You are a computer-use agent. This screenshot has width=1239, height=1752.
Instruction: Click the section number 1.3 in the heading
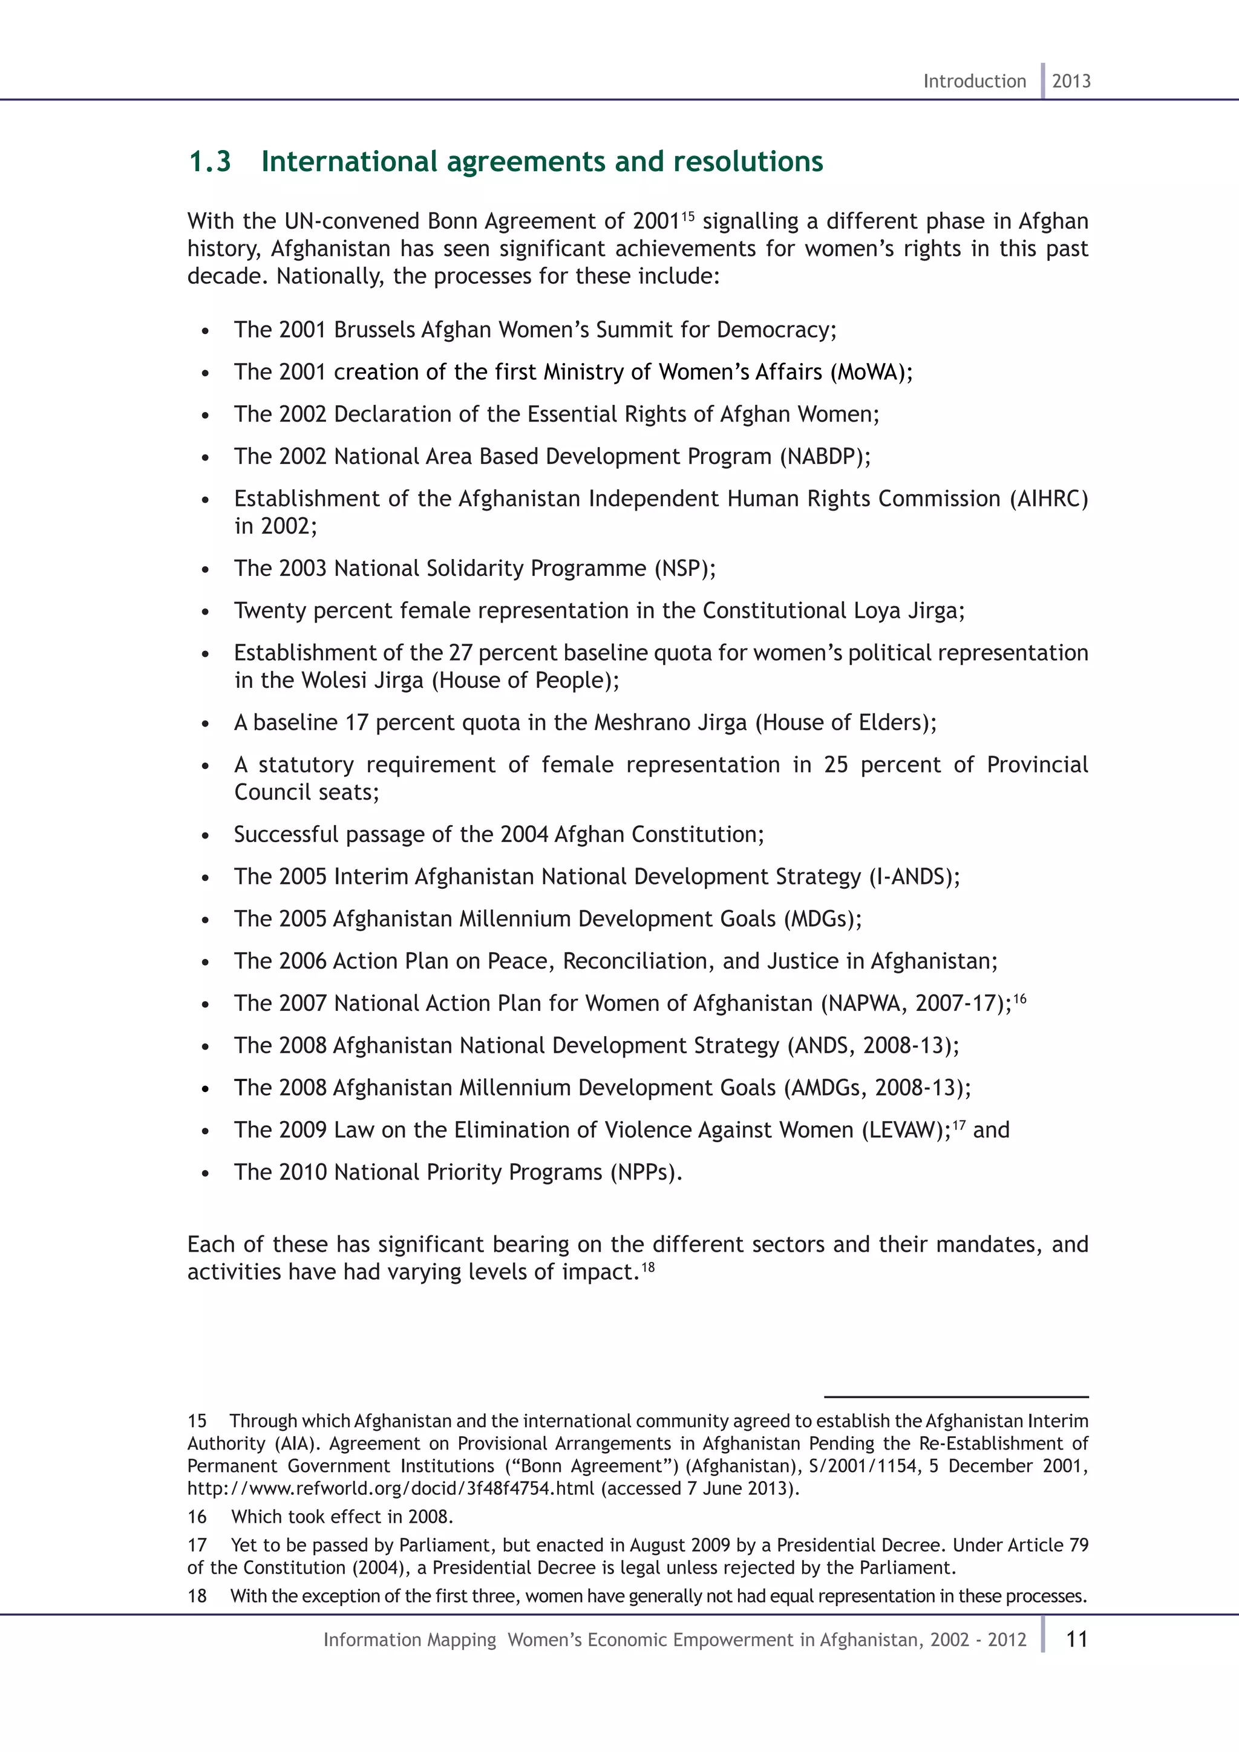coord(210,162)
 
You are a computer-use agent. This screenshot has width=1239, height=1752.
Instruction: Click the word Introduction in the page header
coord(974,81)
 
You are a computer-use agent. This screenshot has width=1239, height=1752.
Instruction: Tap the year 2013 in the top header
coord(1071,81)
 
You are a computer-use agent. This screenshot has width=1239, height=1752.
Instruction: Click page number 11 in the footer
coord(1076,1639)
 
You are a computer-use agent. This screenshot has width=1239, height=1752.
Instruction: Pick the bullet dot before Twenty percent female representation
coord(205,612)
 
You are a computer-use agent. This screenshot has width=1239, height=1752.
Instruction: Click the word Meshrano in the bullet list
coord(640,722)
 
